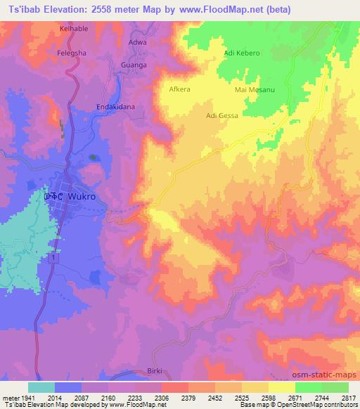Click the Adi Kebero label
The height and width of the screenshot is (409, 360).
241,53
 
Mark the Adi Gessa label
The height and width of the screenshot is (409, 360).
222,115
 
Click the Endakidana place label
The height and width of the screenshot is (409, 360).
115,107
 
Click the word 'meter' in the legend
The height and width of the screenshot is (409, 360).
10,397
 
